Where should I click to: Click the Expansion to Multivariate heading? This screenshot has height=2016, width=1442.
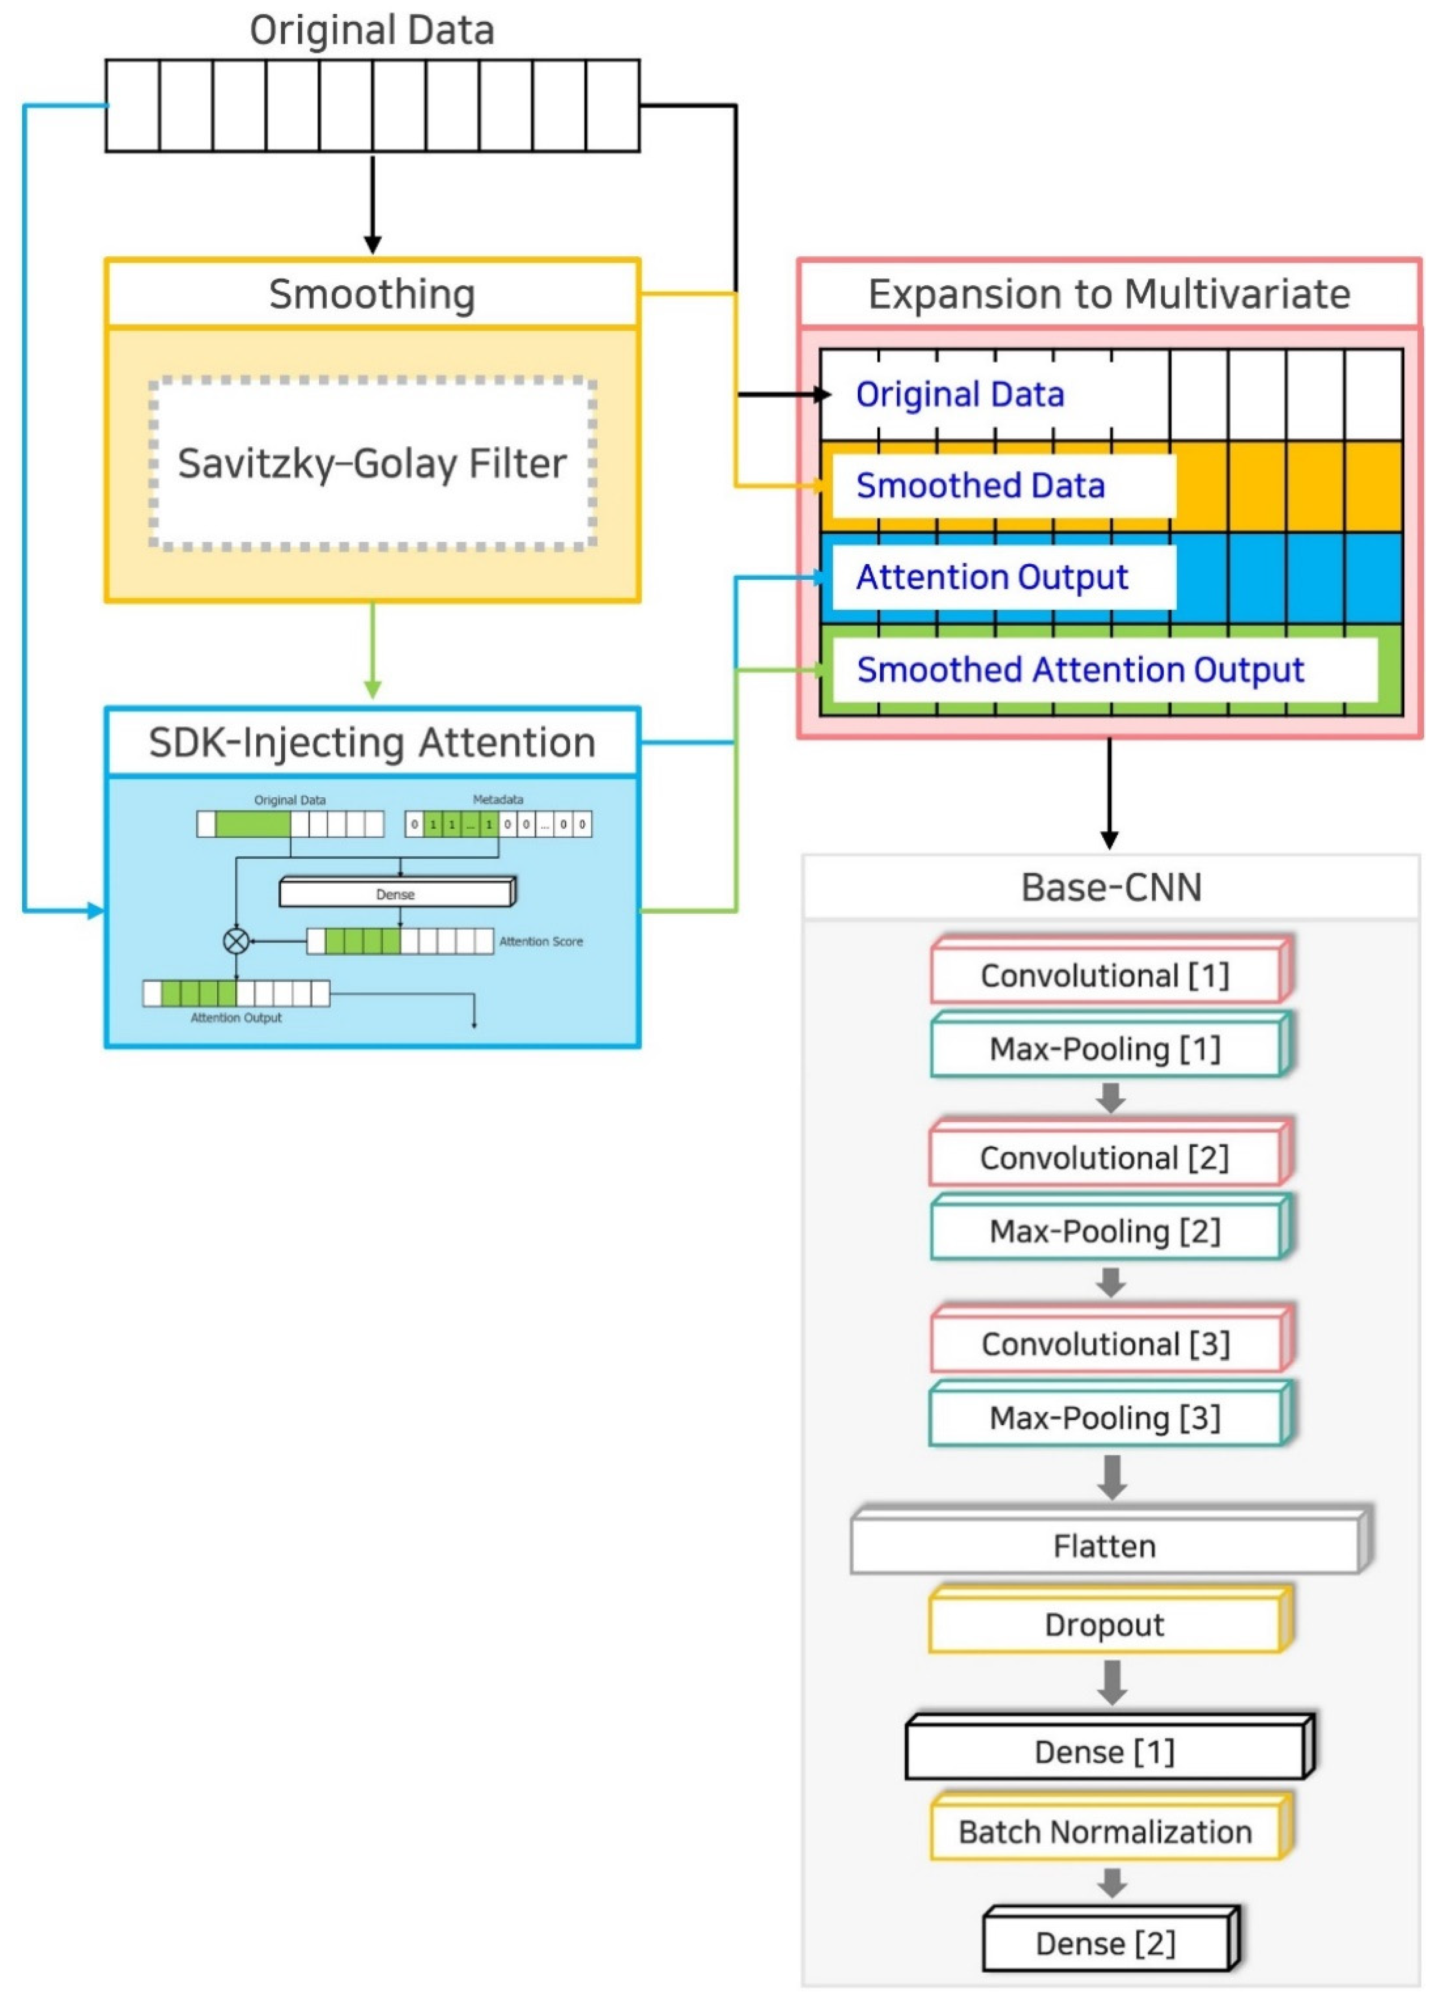click(1109, 294)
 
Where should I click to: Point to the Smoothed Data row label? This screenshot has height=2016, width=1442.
click(981, 486)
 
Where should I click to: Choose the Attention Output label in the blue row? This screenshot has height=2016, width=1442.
click(992, 577)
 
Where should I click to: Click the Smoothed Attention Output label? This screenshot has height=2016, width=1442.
click(1080, 670)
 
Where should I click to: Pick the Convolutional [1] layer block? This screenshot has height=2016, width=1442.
click(1106, 975)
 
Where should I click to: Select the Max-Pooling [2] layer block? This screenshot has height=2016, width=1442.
click(1106, 1231)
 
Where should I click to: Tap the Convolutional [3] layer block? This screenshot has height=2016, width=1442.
click(1106, 1344)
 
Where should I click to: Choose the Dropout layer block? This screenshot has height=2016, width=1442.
click(1106, 1624)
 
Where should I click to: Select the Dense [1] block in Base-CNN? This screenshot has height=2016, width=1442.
click(1106, 1752)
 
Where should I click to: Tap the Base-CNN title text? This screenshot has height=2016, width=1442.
click(1111, 887)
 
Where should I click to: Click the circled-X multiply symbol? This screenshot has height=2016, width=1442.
click(236, 940)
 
